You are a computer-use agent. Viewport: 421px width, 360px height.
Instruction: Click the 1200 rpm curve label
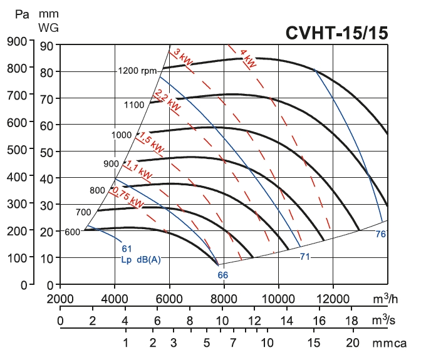(x=137, y=71)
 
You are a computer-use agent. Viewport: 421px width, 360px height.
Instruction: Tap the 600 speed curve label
(x=73, y=232)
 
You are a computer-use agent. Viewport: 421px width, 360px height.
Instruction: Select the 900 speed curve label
(x=111, y=164)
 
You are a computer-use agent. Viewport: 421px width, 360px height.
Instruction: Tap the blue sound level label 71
(x=305, y=257)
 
